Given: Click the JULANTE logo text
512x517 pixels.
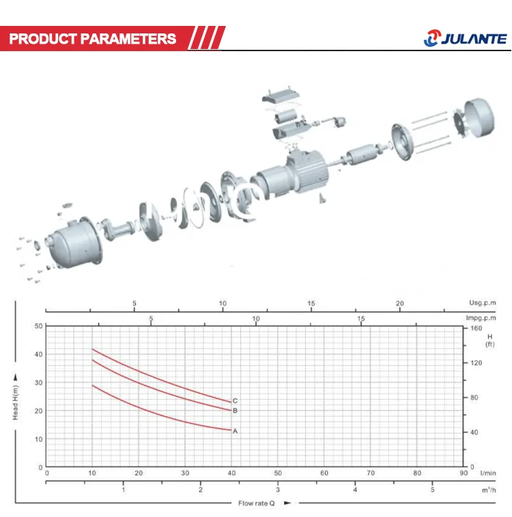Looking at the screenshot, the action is pos(473,39).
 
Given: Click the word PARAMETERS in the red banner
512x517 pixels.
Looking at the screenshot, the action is pos(128,39).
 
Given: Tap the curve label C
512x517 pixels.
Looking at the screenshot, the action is pos(235,400).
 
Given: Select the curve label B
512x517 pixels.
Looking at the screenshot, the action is pos(235,411).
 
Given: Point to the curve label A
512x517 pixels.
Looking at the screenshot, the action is pos(235,431).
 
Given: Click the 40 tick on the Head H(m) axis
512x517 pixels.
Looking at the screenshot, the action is pos(38,354).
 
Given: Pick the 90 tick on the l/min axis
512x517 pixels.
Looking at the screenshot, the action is pos(464,473).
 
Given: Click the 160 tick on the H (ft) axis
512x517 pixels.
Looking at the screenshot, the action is pos(476,328).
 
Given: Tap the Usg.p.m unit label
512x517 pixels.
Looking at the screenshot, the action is pos(482,303).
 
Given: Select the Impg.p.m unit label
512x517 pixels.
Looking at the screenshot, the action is pos(481,318).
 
